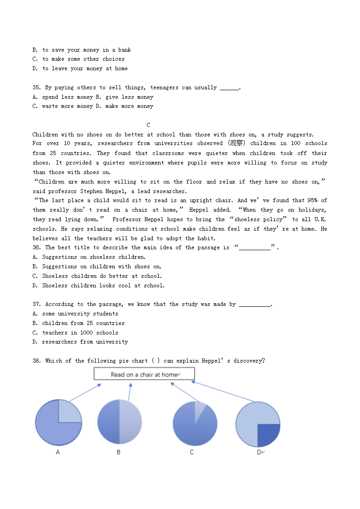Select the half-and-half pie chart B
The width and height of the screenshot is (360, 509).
point(119,422)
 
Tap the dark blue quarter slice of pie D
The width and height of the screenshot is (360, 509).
point(268,434)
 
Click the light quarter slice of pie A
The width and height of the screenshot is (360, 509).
point(69,412)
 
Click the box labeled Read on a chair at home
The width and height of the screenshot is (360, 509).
point(144,374)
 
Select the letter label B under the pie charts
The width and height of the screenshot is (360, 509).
point(119,452)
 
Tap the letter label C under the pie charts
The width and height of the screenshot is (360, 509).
point(192,452)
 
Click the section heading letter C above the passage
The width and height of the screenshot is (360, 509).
point(148,125)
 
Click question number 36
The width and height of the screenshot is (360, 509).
point(37,247)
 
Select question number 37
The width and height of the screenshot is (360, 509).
point(37,304)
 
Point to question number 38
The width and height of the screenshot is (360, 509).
point(37,361)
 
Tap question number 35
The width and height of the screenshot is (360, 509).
point(37,87)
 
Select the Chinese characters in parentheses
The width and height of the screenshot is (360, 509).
point(236,143)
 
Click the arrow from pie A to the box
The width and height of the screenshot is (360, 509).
point(85,393)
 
